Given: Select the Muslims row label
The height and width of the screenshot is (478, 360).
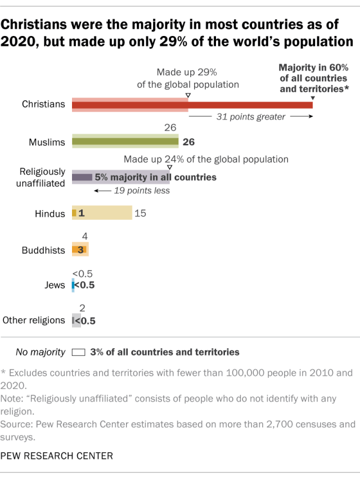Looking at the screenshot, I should (x=47, y=142).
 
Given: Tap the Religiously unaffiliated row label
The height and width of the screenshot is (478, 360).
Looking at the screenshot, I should (x=43, y=177).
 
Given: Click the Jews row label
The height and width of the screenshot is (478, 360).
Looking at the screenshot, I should (x=56, y=285).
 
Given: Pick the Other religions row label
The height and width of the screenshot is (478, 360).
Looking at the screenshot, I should (x=34, y=320).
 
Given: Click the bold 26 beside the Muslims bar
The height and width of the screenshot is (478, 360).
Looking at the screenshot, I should (x=190, y=142).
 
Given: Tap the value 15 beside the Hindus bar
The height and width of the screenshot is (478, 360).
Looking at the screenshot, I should (x=141, y=213).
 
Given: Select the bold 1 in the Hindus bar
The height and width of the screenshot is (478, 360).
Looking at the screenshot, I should (x=81, y=213).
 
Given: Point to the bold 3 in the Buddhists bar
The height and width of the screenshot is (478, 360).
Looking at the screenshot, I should (x=82, y=250).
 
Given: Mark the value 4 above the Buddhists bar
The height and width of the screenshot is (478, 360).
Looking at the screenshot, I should (x=84, y=237).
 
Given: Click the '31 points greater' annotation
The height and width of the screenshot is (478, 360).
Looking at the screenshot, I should (x=251, y=117).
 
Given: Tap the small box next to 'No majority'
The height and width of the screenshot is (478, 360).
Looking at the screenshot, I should (x=79, y=353).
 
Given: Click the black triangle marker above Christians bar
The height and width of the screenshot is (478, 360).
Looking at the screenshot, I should (x=313, y=98).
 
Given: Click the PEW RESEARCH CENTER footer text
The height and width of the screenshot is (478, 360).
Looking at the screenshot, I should (x=56, y=456).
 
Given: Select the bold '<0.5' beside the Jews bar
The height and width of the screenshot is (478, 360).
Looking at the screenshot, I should (x=84, y=285).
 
